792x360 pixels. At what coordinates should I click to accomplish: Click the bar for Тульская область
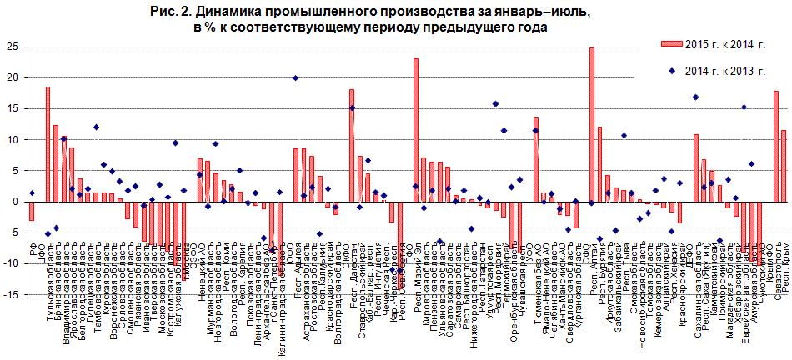pyautogui.click(x=48, y=143)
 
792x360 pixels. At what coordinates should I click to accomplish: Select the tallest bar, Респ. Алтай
pyautogui.click(x=591, y=124)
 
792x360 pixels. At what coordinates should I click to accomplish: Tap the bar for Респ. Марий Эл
pyautogui.click(x=416, y=129)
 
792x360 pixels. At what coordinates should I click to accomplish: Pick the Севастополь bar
pyautogui.click(x=775, y=146)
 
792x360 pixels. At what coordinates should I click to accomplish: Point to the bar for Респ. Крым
pyautogui.click(x=784, y=165)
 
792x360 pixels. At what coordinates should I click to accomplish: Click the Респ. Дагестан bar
pyautogui.click(x=352, y=145)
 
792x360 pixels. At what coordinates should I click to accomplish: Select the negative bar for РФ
pyautogui.click(x=32, y=210)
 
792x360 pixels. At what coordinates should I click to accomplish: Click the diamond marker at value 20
pyautogui.click(x=295, y=77)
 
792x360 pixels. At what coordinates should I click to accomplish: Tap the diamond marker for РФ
pyautogui.click(x=32, y=192)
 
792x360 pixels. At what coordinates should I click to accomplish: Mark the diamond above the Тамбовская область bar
pyautogui.click(x=96, y=127)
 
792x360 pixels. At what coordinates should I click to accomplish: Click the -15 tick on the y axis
pyautogui.click(x=13, y=294)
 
